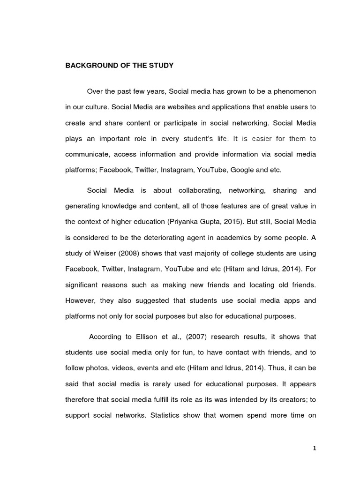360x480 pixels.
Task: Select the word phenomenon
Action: [291, 90]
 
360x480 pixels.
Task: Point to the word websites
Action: [178, 107]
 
